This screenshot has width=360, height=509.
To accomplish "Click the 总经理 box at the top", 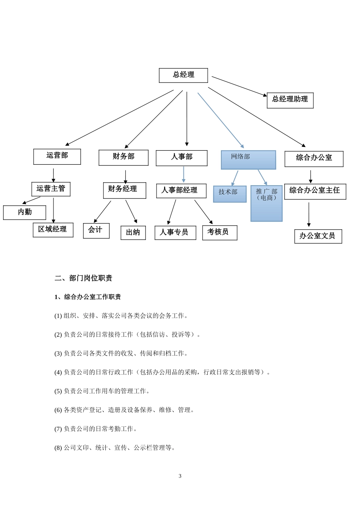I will [x=183, y=75].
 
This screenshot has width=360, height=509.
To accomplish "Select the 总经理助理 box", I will [x=290, y=100].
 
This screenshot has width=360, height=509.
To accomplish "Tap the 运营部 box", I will [x=57, y=156].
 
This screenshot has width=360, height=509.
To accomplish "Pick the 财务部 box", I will [x=123, y=157].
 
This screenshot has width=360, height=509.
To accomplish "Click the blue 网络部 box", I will [x=248, y=159].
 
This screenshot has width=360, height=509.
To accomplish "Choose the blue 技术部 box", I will [x=230, y=194].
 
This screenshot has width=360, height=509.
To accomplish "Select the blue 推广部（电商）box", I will [x=266, y=203].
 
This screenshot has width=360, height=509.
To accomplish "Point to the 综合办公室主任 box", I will [x=315, y=191].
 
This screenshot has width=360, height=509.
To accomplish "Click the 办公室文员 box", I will [x=318, y=236].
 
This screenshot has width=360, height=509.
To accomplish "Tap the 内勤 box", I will [x=25, y=212].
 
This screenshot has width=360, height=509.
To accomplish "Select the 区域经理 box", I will [x=53, y=230].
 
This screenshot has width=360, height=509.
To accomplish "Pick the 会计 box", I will [x=96, y=230].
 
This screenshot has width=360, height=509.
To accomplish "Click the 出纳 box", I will [x=133, y=233].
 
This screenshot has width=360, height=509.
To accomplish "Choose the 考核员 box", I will [x=219, y=233].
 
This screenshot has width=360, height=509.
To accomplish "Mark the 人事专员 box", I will [x=175, y=233].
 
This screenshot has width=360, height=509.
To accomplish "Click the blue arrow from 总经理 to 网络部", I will [x=220, y=120].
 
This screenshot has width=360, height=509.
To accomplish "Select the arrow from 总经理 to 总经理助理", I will [x=239, y=86].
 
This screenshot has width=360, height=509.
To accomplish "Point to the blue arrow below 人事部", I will [x=184, y=174].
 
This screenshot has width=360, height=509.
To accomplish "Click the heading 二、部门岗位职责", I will [x=83, y=278].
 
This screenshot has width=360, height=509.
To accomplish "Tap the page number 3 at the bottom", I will [x=180, y=476].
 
